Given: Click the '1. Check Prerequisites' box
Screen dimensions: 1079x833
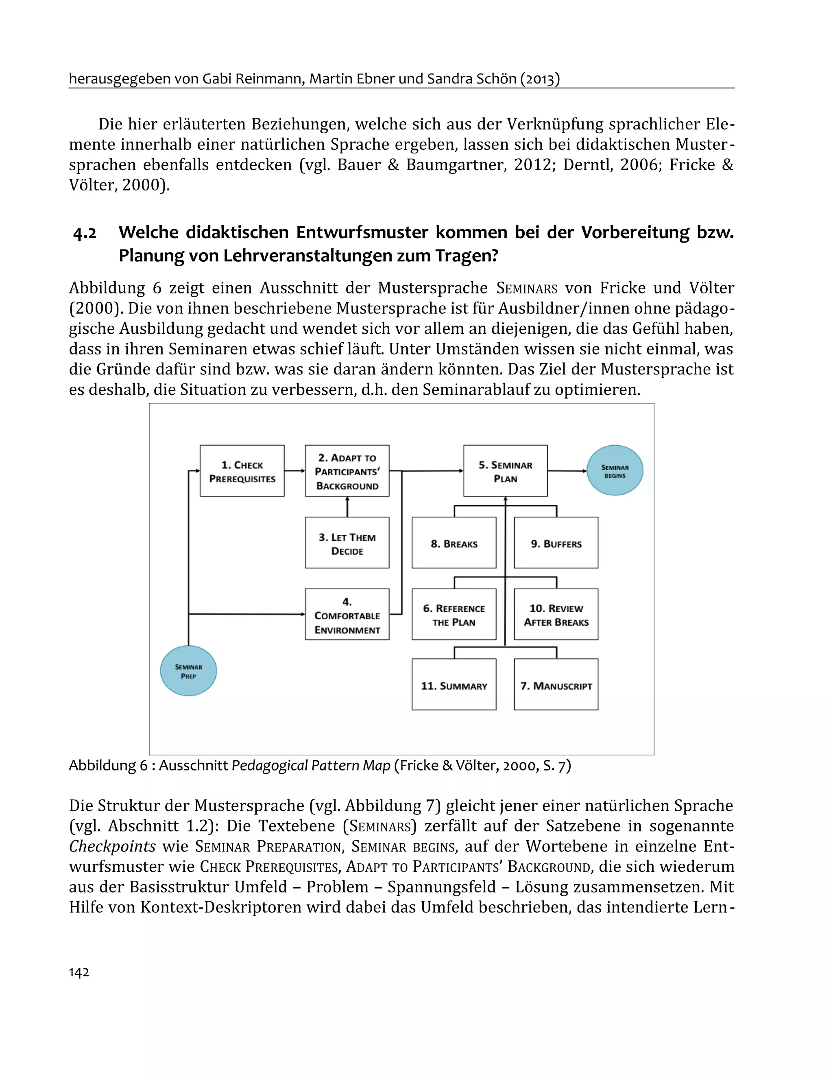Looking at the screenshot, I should pos(242,471).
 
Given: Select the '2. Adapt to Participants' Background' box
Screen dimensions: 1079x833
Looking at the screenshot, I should pos(347,471).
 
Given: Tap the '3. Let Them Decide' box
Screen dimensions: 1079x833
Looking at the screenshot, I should pos(347,543).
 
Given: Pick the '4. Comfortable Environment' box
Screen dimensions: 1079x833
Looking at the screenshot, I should pos(347,615).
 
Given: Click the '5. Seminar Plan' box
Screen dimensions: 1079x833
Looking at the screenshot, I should pos(505,471).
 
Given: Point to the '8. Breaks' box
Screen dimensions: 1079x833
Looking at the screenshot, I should pos(454,543).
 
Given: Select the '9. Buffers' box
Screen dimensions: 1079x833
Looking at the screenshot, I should pos(556,543).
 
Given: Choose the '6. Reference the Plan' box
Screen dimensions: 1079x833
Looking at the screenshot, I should pos(454,615).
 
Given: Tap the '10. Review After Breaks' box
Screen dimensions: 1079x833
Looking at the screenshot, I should pos(556,615).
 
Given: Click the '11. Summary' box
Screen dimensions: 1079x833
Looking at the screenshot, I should pos(454,685).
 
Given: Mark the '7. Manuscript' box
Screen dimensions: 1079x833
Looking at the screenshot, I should pos(556,685).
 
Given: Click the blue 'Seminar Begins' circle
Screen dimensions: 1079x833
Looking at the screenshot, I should pos(615,471).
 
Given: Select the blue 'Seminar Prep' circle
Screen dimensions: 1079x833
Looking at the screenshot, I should pos(188,671).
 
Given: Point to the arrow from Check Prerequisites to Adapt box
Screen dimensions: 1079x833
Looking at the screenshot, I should pos(295,471).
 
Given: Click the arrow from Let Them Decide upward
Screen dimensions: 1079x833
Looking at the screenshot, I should pos(347,507).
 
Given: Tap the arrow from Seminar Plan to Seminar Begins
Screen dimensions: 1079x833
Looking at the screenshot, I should pos(567,471).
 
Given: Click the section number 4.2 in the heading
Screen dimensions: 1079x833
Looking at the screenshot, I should pos(85,233).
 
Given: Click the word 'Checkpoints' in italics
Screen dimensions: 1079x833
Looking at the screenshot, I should pos(113,846).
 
